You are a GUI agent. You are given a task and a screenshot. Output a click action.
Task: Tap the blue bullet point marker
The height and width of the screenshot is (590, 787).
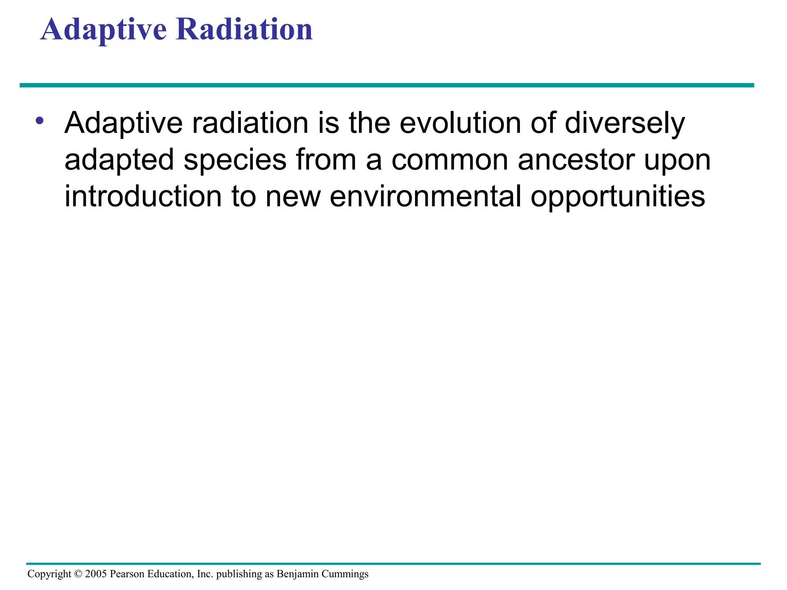(39, 121)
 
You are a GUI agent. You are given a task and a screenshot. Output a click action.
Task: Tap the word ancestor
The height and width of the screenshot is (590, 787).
(576, 160)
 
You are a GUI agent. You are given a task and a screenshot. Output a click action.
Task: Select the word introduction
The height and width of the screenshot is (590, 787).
(143, 196)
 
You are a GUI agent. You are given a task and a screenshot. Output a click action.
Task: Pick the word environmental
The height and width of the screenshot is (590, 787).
(425, 196)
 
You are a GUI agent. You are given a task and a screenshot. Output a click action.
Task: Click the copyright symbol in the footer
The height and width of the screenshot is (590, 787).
(78, 574)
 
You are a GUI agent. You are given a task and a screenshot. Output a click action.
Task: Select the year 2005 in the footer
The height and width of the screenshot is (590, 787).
(96, 574)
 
